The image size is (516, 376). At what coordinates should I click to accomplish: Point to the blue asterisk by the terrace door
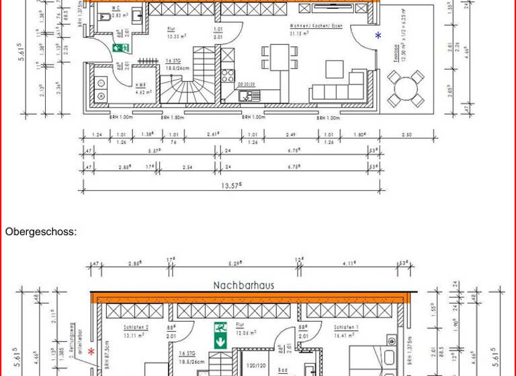tap(378, 35)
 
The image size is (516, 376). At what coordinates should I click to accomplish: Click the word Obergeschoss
tap(41, 232)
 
